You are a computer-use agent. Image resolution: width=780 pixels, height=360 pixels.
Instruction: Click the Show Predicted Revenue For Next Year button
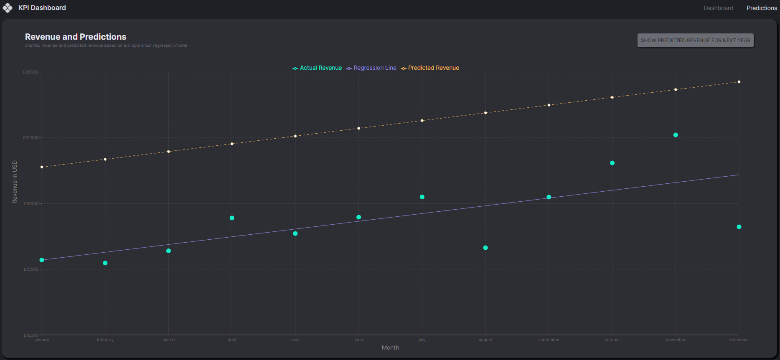point(695,41)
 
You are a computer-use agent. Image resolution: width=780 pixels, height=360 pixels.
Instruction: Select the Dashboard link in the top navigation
point(718,8)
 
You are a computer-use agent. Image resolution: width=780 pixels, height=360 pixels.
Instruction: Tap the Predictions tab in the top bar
point(762,8)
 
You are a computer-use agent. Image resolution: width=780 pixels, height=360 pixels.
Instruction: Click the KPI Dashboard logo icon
point(8,8)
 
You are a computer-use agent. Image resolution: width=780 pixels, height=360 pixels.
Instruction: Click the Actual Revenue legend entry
point(317,68)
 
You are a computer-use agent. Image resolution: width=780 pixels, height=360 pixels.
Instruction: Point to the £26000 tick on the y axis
point(30,72)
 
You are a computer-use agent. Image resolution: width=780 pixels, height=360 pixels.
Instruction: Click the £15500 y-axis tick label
point(30,269)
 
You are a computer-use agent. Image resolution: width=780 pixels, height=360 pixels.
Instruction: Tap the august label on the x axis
point(485,340)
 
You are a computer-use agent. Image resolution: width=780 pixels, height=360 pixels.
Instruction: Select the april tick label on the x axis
point(232,340)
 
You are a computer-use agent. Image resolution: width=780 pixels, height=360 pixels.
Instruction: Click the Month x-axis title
point(390,347)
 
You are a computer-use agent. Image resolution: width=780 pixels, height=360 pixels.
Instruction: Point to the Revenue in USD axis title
point(15,182)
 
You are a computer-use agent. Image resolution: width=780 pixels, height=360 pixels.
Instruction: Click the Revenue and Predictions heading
point(76,37)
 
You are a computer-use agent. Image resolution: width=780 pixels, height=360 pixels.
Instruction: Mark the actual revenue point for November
point(676,135)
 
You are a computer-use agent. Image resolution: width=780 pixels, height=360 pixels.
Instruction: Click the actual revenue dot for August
point(485,248)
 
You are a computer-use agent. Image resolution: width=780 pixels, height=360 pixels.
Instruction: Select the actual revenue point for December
point(739,227)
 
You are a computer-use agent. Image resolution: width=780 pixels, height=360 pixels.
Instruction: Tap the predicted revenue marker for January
point(42,167)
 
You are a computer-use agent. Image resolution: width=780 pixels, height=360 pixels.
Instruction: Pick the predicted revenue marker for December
point(739,82)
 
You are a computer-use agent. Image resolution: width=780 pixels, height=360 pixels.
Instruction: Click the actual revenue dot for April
point(232,218)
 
